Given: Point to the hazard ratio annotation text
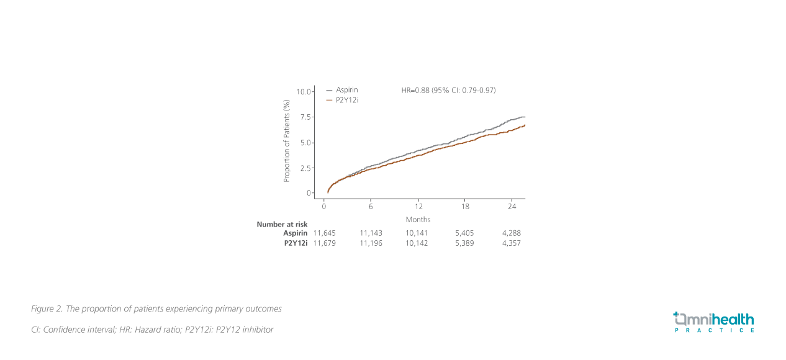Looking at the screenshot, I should click(x=448, y=91).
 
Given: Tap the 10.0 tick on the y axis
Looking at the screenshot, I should click(x=304, y=92).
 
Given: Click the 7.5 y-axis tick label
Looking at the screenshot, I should click(x=305, y=117).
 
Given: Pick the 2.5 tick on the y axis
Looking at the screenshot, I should click(x=305, y=168).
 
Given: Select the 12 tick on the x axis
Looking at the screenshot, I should click(x=418, y=206).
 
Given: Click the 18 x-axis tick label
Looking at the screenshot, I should click(x=465, y=206).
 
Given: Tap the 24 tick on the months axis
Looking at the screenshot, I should click(x=512, y=206).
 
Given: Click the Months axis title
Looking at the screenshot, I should click(x=418, y=220).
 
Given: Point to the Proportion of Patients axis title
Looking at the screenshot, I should click(x=287, y=141).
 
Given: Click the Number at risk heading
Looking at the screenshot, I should click(x=282, y=224).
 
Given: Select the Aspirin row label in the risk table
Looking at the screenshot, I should click(x=295, y=233).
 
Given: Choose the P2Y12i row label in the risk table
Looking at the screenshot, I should click(x=296, y=243).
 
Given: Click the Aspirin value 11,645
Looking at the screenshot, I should click(x=324, y=233).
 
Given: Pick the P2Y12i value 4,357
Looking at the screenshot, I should click(x=511, y=243).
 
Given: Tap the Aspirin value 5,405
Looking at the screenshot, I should click(x=464, y=233).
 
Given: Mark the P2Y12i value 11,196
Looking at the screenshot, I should click(x=371, y=243).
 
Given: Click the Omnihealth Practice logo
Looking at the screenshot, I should click(x=714, y=322).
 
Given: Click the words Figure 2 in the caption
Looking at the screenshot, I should click(x=45, y=308).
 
